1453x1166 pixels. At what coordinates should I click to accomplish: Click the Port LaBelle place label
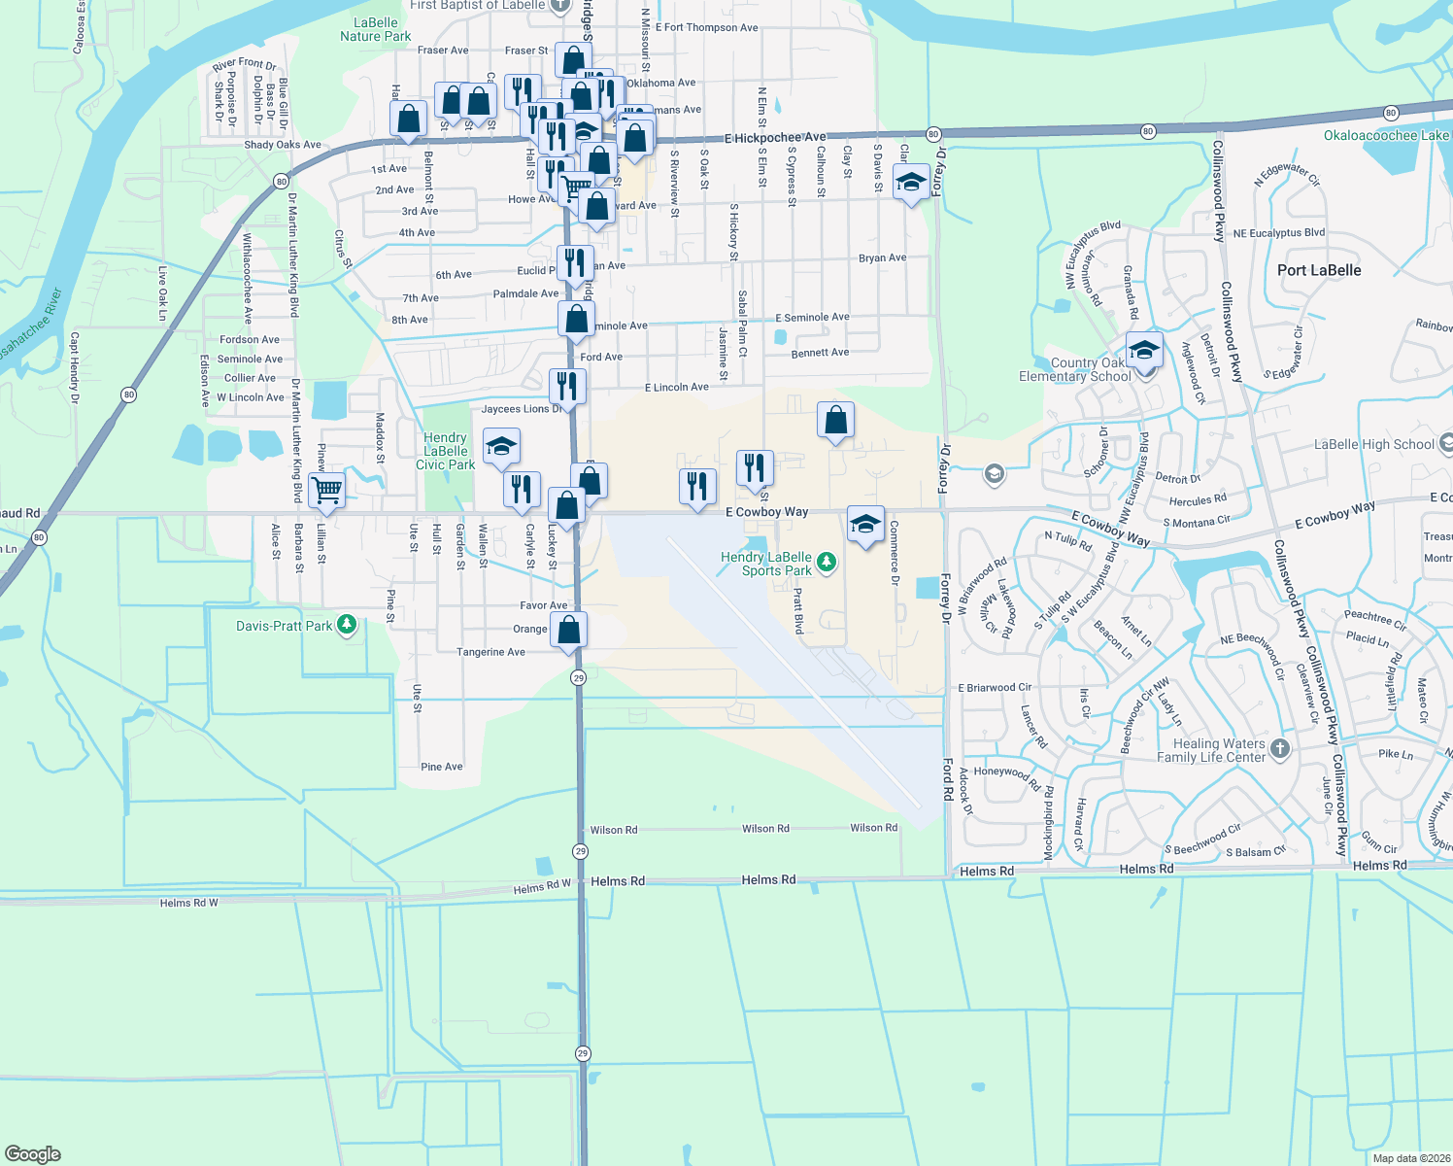[1319, 270]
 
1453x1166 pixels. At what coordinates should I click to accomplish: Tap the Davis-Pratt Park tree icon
[347, 626]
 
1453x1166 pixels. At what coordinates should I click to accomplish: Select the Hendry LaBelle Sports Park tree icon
[826, 561]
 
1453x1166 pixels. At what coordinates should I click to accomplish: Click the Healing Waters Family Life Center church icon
[1280, 748]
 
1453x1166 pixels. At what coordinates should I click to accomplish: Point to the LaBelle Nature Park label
[376, 29]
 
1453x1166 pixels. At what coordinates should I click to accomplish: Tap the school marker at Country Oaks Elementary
[1144, 350]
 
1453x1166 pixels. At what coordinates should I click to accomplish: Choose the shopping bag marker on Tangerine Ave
[569, 629]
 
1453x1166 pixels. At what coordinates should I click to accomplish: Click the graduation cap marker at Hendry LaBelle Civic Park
[500, 446]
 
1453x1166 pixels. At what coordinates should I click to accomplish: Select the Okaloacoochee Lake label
[1386, 135]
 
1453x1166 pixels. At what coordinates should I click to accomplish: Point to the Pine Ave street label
[442, 767]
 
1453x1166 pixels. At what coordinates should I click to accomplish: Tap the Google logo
[33, 1153]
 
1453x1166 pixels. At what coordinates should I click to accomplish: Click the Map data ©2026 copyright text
[1411, 1158]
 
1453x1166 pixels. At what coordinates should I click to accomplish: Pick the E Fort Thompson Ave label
[706, 27]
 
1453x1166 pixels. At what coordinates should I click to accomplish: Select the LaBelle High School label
[1373, 444]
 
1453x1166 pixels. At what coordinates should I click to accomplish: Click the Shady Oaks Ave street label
[283, 145]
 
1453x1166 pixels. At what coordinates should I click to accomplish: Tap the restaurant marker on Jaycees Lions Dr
[566, 386]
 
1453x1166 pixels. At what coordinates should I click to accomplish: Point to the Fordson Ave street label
[250, 339]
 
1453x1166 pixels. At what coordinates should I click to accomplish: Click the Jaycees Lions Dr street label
[521, 409]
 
